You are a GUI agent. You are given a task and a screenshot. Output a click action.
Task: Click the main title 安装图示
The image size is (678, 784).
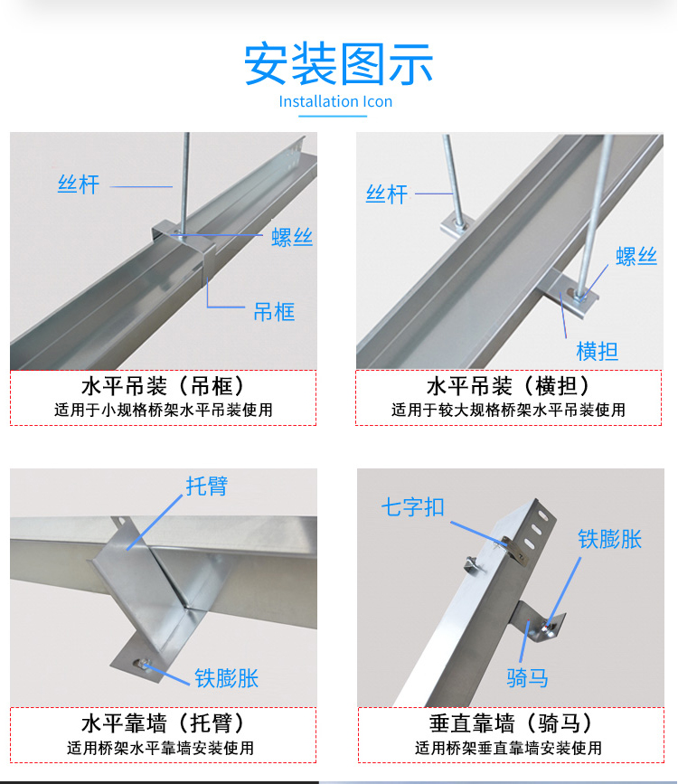pos(338,63)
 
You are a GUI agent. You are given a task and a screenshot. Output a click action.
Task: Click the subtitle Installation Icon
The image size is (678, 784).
pos(335,101)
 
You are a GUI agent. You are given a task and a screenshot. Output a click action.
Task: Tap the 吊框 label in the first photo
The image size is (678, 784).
pos(274,312)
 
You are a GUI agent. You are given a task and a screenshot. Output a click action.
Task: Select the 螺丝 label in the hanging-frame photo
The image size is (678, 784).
pos(292,238)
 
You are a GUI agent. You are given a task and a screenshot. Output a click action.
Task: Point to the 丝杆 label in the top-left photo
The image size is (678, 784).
pos(79,184)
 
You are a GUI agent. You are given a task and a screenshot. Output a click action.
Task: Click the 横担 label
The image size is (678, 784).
pos(597,351)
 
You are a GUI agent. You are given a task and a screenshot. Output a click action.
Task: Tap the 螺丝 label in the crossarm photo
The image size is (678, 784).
pos(636,256)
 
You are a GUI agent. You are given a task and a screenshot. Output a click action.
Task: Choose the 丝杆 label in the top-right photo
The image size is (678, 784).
pos(387,194)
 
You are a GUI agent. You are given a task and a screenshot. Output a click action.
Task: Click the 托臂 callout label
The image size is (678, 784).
pos(207,486)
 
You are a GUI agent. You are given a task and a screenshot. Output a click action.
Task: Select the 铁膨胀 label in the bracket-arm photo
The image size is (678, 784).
pos(227,678)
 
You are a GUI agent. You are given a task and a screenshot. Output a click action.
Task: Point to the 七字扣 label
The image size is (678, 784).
pos(412,507)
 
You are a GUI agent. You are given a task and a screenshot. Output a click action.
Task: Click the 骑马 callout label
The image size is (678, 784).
pos(528,678)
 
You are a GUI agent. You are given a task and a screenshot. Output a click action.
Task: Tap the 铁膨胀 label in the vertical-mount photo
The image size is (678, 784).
pos(609,539)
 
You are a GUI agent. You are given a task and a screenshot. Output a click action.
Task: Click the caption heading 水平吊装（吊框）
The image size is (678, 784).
pos(164,386)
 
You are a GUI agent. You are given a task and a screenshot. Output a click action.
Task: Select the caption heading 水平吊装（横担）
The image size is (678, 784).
pos(508,386)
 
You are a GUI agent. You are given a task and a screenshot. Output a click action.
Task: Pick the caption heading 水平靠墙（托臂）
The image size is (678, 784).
pos(164,723)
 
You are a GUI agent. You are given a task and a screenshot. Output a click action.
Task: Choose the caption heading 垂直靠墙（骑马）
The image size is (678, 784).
pos(511,723)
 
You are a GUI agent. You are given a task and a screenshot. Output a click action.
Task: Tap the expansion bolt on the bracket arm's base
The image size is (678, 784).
pos(142,664)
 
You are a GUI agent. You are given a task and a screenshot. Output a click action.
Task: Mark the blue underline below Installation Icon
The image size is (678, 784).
pos(333,116)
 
